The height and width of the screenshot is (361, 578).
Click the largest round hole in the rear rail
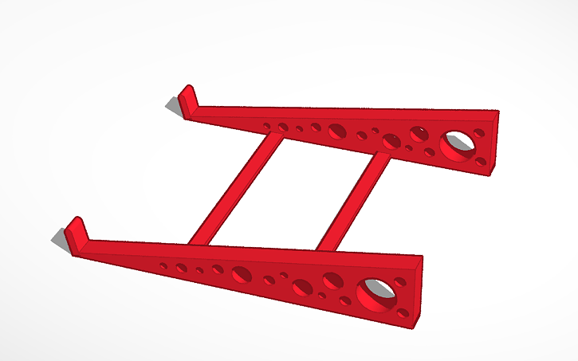point(458,143)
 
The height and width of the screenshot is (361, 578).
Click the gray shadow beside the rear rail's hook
point(173,104)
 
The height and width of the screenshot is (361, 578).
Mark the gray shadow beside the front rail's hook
point(60,237)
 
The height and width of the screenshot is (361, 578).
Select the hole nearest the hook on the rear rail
point(266,125)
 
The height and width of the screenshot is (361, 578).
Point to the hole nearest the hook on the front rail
point(163,265)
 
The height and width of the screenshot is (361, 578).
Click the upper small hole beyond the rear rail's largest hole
point(478,133)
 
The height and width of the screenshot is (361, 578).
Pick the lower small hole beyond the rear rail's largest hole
point(481,161)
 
